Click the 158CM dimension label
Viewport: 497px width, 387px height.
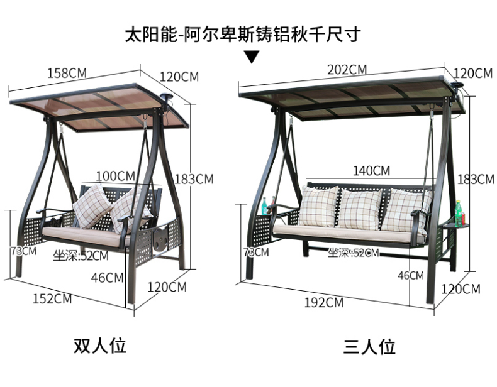coord(67,72)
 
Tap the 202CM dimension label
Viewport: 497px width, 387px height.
coord(347,70)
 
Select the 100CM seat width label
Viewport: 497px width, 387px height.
coord(116,174)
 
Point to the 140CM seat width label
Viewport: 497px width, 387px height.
coord(371,170)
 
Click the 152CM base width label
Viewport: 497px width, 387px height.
coord(52,298)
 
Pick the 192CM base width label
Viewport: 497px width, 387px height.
coord(324,302)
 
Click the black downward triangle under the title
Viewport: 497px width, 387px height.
coord(252,58)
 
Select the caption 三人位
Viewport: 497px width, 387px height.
coord(369,347)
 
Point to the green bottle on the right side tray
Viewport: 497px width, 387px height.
coord(458,213)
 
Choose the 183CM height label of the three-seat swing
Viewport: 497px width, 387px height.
coord(476,179)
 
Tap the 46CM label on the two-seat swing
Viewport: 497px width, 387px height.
coord(106,276)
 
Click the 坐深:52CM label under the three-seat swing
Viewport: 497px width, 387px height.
coord(354,253)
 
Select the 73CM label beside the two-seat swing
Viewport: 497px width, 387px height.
coord(23,251)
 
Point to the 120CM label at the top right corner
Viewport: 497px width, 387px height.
coord(473,74)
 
